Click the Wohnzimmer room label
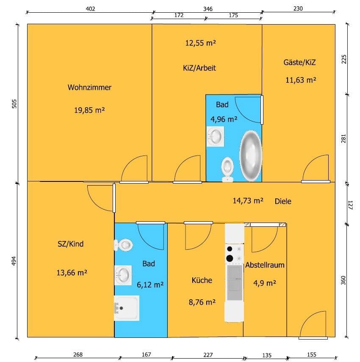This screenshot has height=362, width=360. (89, 88)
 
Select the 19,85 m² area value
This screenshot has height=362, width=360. (89, 110)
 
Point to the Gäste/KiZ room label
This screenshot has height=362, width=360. (300, 62)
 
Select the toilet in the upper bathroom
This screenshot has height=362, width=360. (228, 168)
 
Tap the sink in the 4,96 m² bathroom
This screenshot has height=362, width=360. (216, 136)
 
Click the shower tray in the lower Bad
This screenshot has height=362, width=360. (127, 307)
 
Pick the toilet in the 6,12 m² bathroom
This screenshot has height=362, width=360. (124, 245)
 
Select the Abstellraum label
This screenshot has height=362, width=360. (265, 265)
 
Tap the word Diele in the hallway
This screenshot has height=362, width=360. (283, 201)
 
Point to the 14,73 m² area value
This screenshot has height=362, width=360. (248, 201)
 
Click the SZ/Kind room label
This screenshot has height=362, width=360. (70, 244)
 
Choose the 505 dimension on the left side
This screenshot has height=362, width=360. (14, 105)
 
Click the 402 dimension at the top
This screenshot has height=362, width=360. (90, 9)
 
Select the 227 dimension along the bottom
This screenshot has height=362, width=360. (208, 355)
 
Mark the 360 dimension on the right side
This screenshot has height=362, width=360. (343, 280)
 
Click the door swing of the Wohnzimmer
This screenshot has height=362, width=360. (135, 169)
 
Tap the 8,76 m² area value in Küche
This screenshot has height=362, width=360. (202, 302)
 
